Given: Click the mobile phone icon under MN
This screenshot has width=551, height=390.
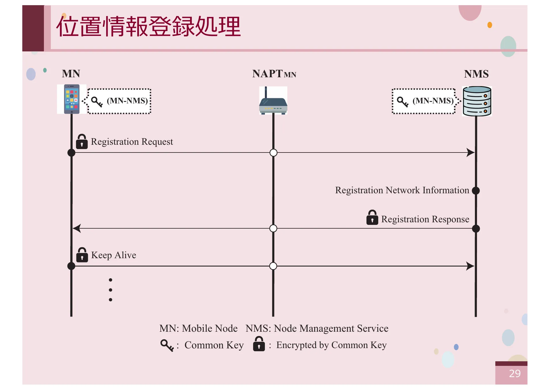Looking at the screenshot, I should click(x=72, y=99).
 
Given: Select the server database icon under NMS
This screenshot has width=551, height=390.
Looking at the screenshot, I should click(x=477, y=101).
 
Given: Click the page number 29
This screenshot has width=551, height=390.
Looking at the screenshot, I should click(x=515, y=373).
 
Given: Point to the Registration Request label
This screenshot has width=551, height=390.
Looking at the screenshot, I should click(x=132, y=142).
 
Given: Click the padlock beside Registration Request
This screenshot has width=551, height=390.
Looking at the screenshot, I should click(x=82, y=142).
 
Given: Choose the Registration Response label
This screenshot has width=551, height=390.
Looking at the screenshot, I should click(x=425, y=219).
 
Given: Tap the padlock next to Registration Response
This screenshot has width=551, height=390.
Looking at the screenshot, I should click(x=372, y=218).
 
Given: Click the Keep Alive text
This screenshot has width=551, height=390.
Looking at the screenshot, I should click(x=114, y=255).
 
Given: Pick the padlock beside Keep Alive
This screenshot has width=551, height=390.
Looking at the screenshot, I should click(x=82, y=255).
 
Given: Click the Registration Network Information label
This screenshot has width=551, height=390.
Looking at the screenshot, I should click(x=402, y=190).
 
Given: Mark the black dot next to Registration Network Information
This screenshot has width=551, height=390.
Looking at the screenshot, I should click(x=476, y=190).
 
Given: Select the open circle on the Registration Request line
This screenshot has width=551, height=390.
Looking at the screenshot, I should click(x=273, y=152).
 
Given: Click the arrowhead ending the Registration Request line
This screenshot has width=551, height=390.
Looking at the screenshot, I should click(x=471, y=152).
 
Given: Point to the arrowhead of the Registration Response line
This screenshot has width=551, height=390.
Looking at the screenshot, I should click(x=77, y=228).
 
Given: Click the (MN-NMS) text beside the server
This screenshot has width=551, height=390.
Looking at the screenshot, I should click(x=433, y=101).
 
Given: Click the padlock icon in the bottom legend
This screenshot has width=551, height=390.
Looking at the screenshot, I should click(x=259, y=344).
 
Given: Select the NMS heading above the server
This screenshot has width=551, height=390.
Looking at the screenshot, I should click(x=476, y=74).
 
